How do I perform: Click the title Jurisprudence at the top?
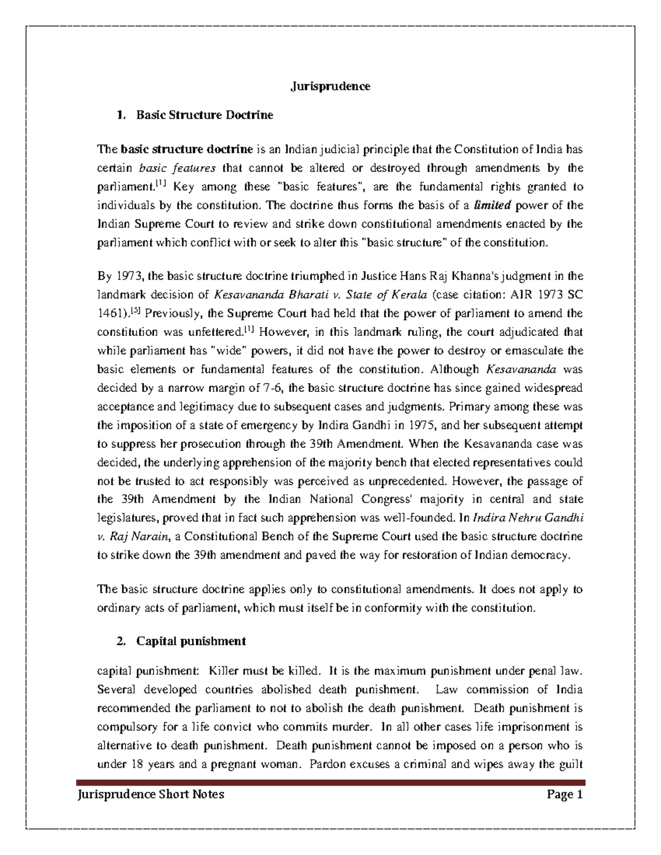click(x=330, y=86)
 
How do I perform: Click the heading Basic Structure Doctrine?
click(x=204, y=115)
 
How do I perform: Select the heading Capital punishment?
click(x=191, y=641)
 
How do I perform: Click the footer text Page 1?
click(x=564, y=794)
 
